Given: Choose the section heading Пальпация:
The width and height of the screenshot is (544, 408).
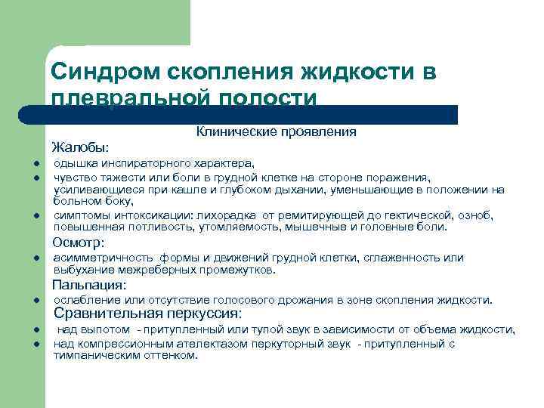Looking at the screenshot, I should pos(88,285).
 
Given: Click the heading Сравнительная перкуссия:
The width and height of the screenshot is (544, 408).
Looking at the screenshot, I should pos(147,314).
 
